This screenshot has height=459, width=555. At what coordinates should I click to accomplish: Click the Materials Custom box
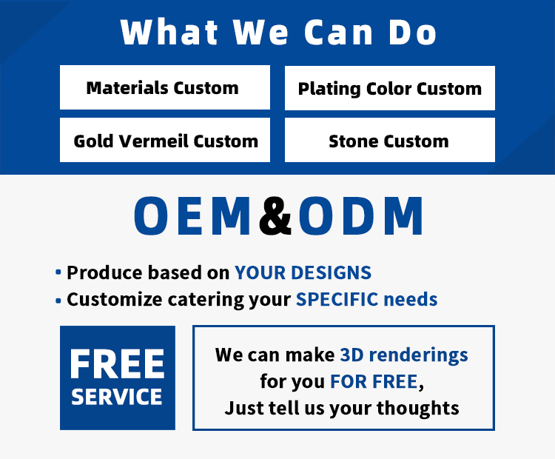click(164, 88)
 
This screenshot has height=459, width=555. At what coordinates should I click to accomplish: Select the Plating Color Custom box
click(389, 89)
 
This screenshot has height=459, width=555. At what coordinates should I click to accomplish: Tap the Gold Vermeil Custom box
click(164, 141)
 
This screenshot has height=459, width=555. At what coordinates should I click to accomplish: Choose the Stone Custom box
click(389, 141)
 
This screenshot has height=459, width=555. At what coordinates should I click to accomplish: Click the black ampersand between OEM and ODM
click(276, 215)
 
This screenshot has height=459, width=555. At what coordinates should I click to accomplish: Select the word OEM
click(194, 215)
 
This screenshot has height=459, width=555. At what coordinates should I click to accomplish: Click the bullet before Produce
click(58, 272)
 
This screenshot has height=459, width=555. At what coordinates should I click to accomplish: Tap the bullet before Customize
click(58, 300)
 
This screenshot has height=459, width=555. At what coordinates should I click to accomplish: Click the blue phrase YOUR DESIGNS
click(303, 272)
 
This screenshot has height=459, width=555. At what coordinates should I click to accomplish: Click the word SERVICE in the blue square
click(117, 398)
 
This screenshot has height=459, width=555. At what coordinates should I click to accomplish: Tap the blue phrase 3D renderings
click(403, 355)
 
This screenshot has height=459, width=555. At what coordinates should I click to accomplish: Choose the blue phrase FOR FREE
click(374, 381)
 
